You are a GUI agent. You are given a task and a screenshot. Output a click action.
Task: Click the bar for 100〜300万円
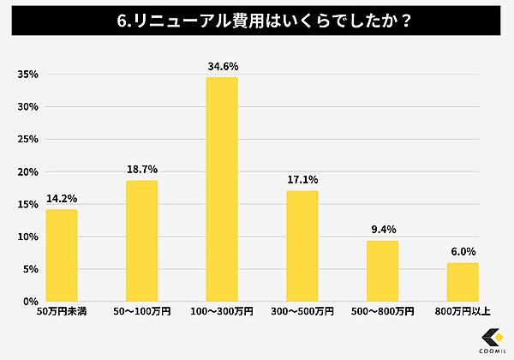[x=222, y=189]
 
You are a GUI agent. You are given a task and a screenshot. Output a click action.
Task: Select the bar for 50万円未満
[x=62, y=255]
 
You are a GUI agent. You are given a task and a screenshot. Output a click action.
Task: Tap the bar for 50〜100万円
[x=141, y=241]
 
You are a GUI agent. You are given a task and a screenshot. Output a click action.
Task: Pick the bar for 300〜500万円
[x=302, y=246]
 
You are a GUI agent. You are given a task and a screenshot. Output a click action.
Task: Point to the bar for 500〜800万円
[x=382, y=271]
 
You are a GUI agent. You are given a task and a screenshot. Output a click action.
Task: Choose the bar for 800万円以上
[x=463, y=282]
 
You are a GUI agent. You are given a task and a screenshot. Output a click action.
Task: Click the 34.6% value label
[x=222, y=65]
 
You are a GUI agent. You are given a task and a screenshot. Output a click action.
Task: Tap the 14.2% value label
[x=62, y=198]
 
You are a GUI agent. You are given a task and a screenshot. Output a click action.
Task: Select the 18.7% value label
[x=141, y=169]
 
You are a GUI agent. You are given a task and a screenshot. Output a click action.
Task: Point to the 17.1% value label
[x=302, y=179]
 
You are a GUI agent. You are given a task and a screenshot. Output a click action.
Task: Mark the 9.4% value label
[x=382, y=229]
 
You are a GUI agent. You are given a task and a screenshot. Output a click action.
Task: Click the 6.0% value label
[x=463, y=251]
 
